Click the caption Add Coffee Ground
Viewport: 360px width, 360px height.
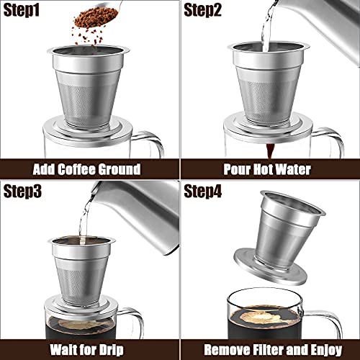[x=90, y=169]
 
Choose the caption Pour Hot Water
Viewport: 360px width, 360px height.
[x=269, y=169]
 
